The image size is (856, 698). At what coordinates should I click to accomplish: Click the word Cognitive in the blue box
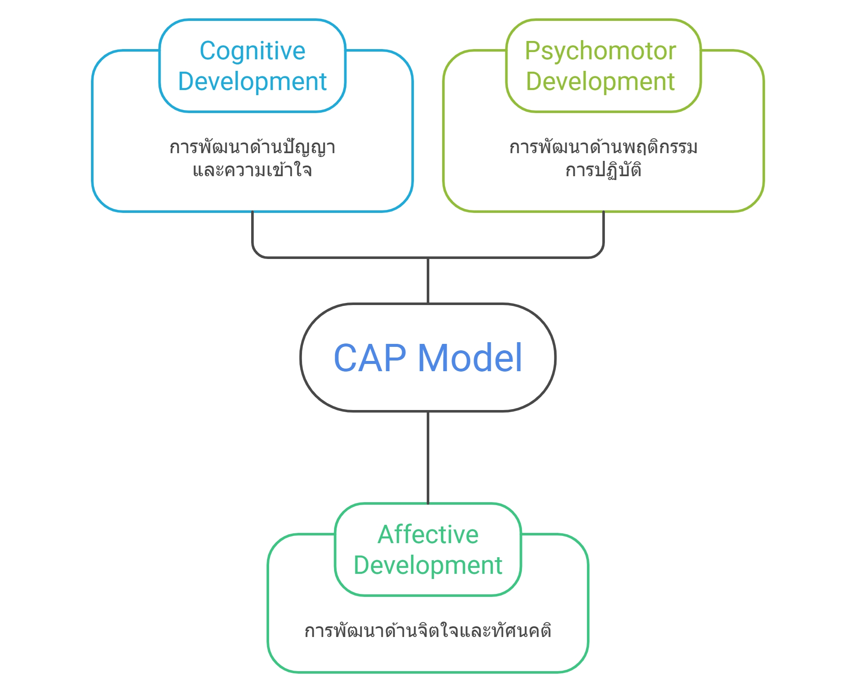(252, 51)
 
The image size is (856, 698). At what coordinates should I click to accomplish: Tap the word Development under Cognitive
(252, 81)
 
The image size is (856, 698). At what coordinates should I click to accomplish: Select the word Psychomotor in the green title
(600, 51)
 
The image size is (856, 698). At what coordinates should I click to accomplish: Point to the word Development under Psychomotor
(600, 81)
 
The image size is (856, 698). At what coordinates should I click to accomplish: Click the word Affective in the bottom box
(428, 535)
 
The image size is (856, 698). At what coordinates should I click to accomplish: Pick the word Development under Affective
(428, 565)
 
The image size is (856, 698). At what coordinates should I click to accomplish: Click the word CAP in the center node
(370, 358)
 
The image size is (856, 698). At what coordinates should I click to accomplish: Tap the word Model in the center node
(470, 358)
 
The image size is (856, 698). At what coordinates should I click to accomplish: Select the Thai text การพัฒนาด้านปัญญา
(252, 148)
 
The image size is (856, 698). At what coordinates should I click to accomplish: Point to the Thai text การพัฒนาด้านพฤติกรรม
(603, 148)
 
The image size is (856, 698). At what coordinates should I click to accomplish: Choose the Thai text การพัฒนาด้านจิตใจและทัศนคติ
(428, 631)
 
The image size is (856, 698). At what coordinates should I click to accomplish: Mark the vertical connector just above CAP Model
(428, 281)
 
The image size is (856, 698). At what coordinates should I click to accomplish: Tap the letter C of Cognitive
(208, 51)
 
